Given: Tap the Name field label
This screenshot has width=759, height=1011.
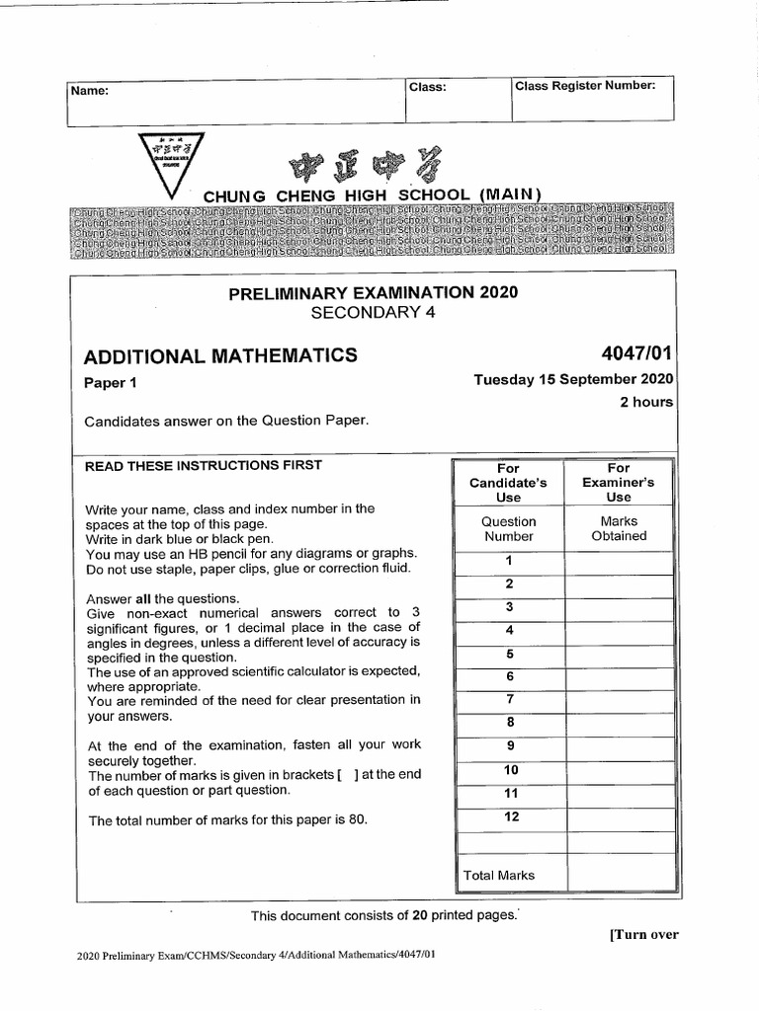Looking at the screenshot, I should pyautogui.click(x=90, y=91).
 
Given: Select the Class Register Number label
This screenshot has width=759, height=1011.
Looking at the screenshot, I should pyautogui.click(x=585, y=86).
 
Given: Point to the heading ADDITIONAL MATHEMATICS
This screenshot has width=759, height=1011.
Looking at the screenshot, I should pyautogui.click(x=220, y=355).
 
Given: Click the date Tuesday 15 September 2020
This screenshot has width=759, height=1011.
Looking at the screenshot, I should pyautogui.click(x=573, y=379).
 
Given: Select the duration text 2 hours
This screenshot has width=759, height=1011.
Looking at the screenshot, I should pyautogui.click(x=646, y=402).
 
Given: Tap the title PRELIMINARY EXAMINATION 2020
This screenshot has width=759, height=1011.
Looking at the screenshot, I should pyautogui.click(x=373, y=292).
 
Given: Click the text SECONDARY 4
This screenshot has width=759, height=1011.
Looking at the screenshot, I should pyautogui.click(x=373, y=313).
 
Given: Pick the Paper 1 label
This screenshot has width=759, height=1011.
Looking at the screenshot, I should pyautogui.click(x=111, y=383).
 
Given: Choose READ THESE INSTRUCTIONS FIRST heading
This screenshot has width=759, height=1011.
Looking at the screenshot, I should pyautogui.click(x=204, y=465).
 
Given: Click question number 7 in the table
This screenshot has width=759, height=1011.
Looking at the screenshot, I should pyautogui.click(x=509, y=700).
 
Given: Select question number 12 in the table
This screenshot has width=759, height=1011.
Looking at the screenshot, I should pyautogui.click(x=509, y=817).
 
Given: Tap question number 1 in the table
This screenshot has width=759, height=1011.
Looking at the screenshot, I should pyautogui.click(x=509, y=561).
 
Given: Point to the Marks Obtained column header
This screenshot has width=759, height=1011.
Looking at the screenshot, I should pyautogui.click(x=619, y=528).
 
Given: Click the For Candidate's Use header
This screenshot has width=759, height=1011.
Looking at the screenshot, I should pyautogui.click(x=508, y=483).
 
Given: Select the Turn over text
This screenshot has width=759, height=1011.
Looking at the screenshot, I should pyautogui.click(x=643, y=934).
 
